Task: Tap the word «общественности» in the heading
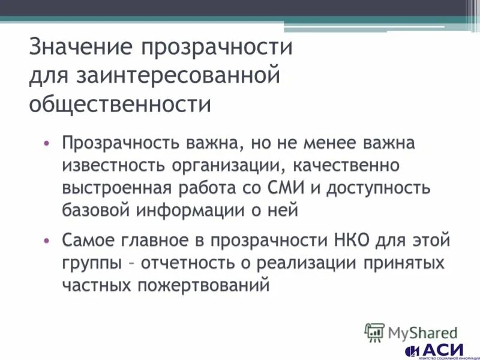point(120,104)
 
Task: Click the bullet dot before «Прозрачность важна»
point(46,144)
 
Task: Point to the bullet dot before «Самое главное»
point(46,240)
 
